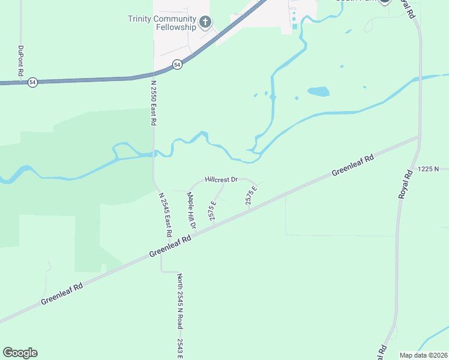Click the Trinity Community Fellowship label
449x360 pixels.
click(162, 23)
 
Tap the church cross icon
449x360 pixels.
click(205, 23)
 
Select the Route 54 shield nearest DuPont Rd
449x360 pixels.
click(32, 82)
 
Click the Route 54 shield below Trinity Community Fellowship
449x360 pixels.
click(177, 65)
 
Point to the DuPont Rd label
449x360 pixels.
click(20, 60)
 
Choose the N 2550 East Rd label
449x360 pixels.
click(154, 103)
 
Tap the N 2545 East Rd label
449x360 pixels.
click(165, 214)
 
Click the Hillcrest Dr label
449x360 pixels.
click(221, 179)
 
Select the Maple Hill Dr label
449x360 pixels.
click(191, 210)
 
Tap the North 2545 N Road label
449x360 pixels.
click(179, 301)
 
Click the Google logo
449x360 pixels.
click(20, 353)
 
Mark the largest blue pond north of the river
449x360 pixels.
click(318, 92)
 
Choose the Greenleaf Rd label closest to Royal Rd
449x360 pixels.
click(353, 166)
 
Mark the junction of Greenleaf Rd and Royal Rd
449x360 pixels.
click(418, 137)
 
